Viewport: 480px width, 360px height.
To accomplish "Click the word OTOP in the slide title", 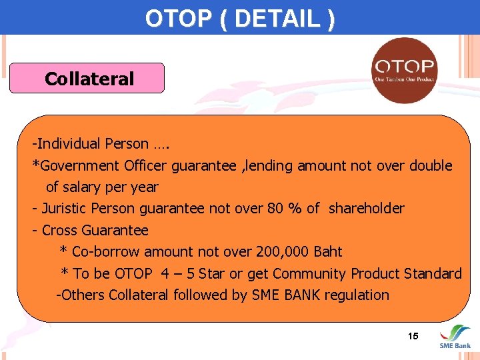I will coord(170,18).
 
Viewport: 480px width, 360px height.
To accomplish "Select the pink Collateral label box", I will coord(87,79).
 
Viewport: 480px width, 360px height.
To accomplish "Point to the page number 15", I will coord(413,336).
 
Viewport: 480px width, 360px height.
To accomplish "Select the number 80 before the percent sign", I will coord(275,209).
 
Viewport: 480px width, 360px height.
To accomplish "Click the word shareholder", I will coord(366,209).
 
